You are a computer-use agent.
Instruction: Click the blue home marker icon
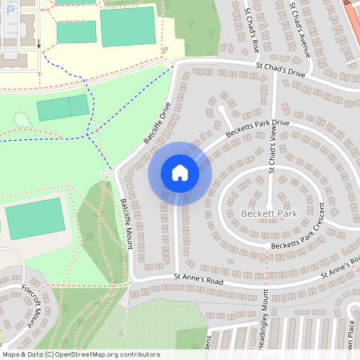(x=180, y=173)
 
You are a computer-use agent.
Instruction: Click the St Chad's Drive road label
(x=281, y=72)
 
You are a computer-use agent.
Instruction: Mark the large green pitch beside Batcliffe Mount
(x=35, y=218)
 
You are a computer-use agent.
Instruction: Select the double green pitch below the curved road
(x=63, y=107)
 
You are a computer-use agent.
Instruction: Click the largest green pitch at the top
(x=127, y=27)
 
